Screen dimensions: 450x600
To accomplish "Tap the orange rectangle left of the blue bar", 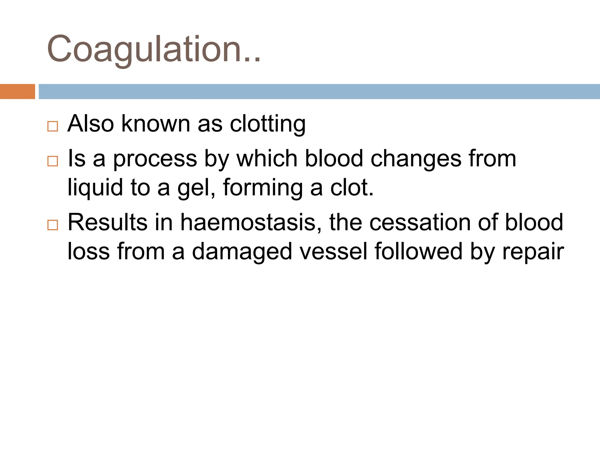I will click(x=17, y=91).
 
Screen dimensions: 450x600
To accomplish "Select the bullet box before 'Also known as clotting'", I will click(x=53, y=127).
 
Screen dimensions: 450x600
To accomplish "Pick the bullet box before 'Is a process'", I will click(x=53, y=161).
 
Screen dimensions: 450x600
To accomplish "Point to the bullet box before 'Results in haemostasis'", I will click(x=53, y=225).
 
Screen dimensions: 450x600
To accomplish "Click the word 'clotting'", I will click(x=267, y=124).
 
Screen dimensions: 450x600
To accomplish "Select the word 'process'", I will click(x=155, y=159).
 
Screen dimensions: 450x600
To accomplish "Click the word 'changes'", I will click(x=416, y=159).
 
